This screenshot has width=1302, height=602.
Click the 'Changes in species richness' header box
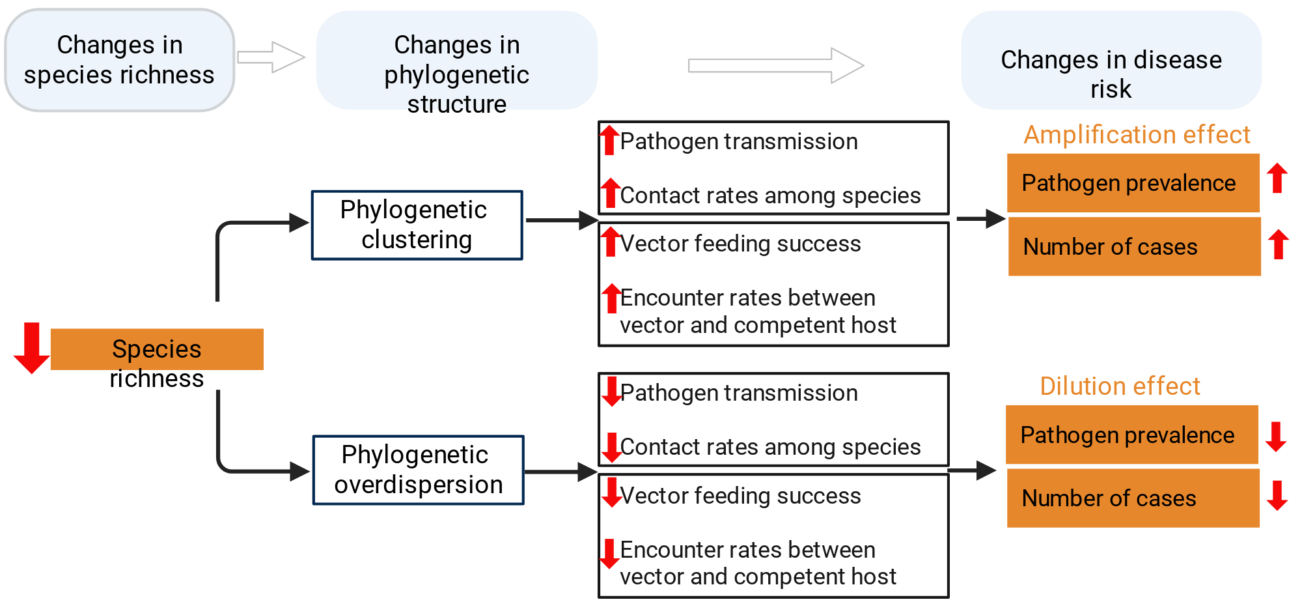click(120, 60)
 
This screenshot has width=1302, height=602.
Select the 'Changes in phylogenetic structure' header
click(456, 60)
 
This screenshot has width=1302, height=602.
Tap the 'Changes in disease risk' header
click(1111, 60)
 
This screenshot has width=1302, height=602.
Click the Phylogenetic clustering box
click(417, 225)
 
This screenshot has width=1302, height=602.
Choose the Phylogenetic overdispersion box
click(418, 470)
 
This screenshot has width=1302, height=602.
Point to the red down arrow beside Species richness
click(31, 348)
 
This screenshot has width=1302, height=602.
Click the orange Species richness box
click(157, 349)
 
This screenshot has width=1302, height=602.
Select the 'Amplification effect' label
click(1137, 135)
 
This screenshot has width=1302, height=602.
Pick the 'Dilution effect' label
click(1120, 386)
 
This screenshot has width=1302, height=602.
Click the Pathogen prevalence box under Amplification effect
click(1133, 183)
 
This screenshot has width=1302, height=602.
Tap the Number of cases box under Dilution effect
click(1133, 498)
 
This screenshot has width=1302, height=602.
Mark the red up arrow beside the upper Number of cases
click(1279, 244)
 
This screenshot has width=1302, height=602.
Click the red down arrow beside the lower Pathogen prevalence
click(1276, 437)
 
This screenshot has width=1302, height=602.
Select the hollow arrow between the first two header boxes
click(271, 57)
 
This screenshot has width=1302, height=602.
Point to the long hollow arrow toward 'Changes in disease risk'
click(776, 65)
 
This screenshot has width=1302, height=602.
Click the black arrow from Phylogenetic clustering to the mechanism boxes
click(562, 220)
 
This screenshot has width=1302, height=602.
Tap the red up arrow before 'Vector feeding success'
click(610, 242)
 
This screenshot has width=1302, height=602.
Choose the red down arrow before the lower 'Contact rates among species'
click(611, 448)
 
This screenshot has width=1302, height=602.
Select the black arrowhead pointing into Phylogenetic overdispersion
click(300, 471)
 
